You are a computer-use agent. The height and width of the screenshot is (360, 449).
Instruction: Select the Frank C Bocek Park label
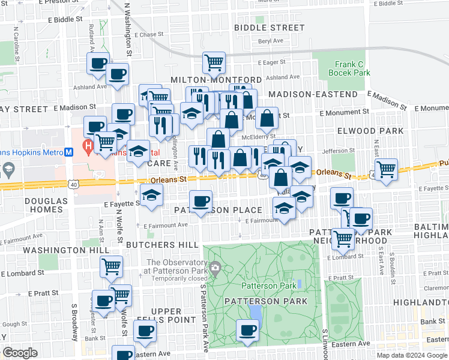point(349,68)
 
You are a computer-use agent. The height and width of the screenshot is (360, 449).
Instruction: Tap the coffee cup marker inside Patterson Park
point(247,329)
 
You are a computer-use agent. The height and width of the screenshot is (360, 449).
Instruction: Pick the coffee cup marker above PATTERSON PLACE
point(200,200)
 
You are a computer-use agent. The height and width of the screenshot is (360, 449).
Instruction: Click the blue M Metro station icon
point(69,152)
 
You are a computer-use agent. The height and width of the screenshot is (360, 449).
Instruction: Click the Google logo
point(20,353)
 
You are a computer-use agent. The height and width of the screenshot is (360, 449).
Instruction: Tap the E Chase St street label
point(149,35)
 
